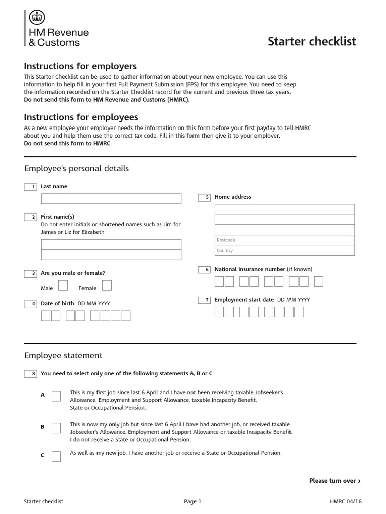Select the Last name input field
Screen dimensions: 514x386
click(x=111, y=199)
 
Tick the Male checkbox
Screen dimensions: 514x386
click(x=63, y=286)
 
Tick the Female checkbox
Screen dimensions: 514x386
click(x=107, y=286)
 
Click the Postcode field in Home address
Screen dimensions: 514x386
click(x=284, y=240)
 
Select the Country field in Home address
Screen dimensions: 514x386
click(x=284, y=250)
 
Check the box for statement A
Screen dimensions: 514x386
click(x=56, y=396)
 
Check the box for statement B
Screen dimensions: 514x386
click(x=56, y=427)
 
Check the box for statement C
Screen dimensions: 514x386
click(x=56, y=456)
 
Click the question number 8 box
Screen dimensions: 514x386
click(x=30, y=373)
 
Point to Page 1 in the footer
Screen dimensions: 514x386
click(x=192, y=501)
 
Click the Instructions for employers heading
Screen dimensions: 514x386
click(x=80, y=66)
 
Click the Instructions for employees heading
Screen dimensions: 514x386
click(x=81, y=117)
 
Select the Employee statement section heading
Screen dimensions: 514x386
click(x=63, y=355)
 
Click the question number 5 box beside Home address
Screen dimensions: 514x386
click(x=204, y=197)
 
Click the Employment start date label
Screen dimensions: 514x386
click(x=244, y=300)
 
